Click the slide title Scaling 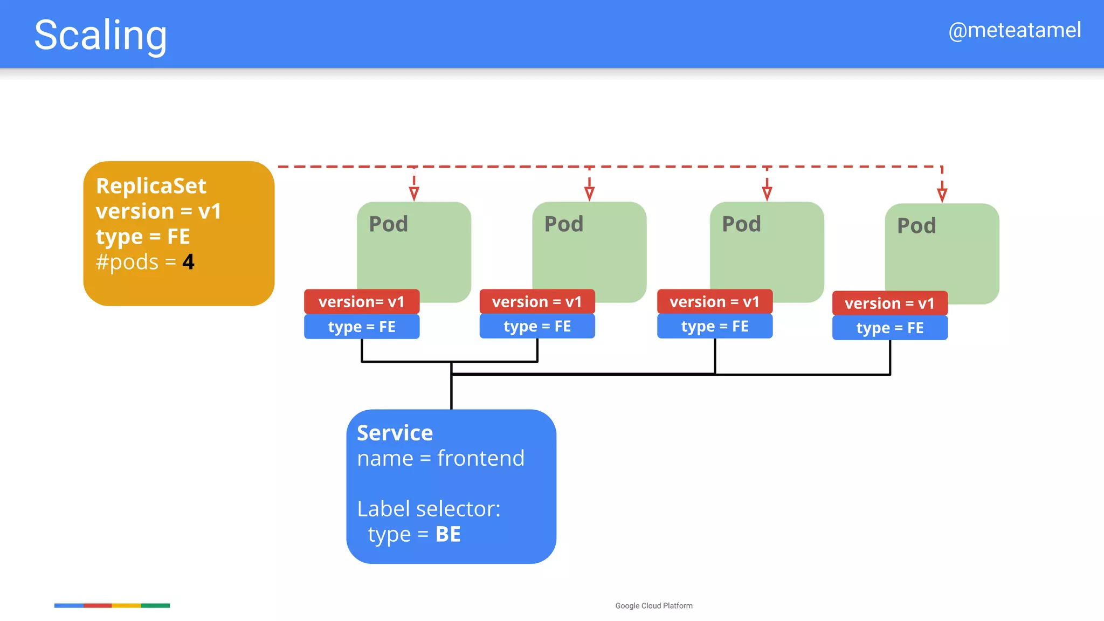click(100, 36)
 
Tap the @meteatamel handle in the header click(1015, 30)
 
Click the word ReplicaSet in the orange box click(151, 186)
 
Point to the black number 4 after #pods click(188, 262)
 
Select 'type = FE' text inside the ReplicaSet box click(143, 237)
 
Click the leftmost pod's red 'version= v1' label click(361, 302)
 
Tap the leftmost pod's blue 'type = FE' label click(361, 327)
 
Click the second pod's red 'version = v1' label click(537, 302)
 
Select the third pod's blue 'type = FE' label click(714, 326)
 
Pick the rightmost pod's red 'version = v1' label click(889, 303)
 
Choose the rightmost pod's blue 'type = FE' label click(889, 328)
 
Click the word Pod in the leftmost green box click(388, 224)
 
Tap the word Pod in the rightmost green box click(916, 226)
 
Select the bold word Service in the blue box click(395, 433)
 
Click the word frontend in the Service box click(480, 458)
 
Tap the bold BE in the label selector click(448, 534)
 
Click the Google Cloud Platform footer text click(653, 606)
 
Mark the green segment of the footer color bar click(155, 606)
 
